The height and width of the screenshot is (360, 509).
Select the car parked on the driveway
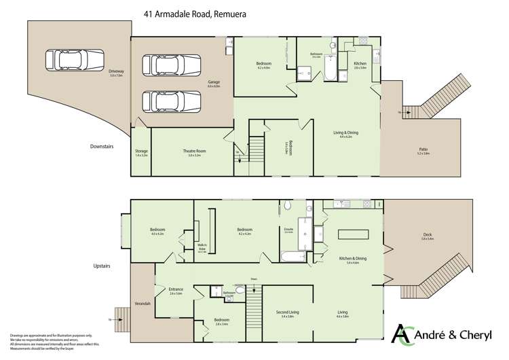coord(75,60)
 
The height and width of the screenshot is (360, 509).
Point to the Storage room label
coord(141,153)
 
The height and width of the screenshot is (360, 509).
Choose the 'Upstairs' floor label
coord(102,266)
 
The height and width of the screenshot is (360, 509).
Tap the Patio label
coord(423,150)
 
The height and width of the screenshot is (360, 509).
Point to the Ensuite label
coord(288,230)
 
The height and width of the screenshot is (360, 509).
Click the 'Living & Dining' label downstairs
coord(346,134)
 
